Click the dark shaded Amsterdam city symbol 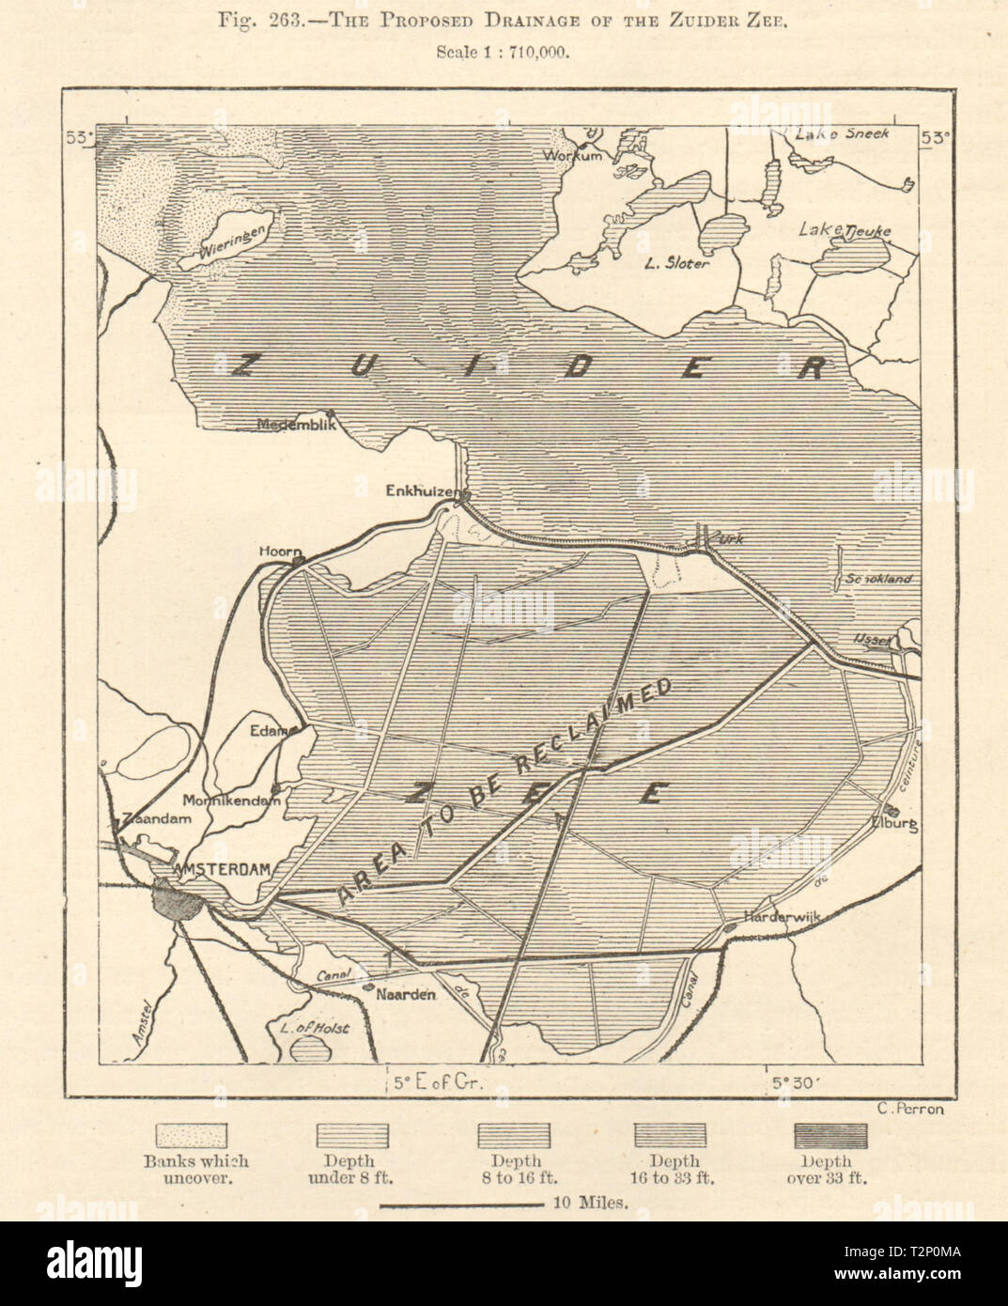[x=175, y=904]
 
